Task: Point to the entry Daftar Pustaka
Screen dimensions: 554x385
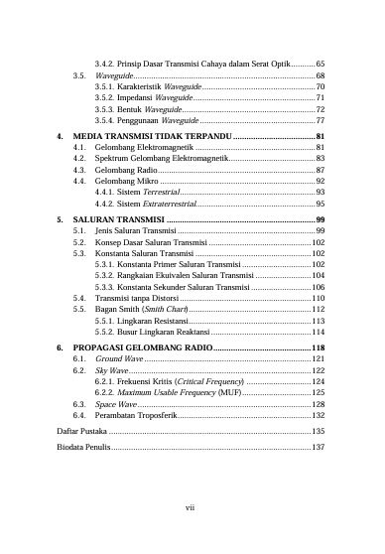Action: (x=80, y=433)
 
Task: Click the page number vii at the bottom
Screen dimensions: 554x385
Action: (x=192, y=508)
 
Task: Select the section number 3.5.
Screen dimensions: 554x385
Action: (x=78, y=75)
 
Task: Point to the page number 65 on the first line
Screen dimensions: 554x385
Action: (x=321, y=64)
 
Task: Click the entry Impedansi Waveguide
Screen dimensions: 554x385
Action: (x=138, y=98)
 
